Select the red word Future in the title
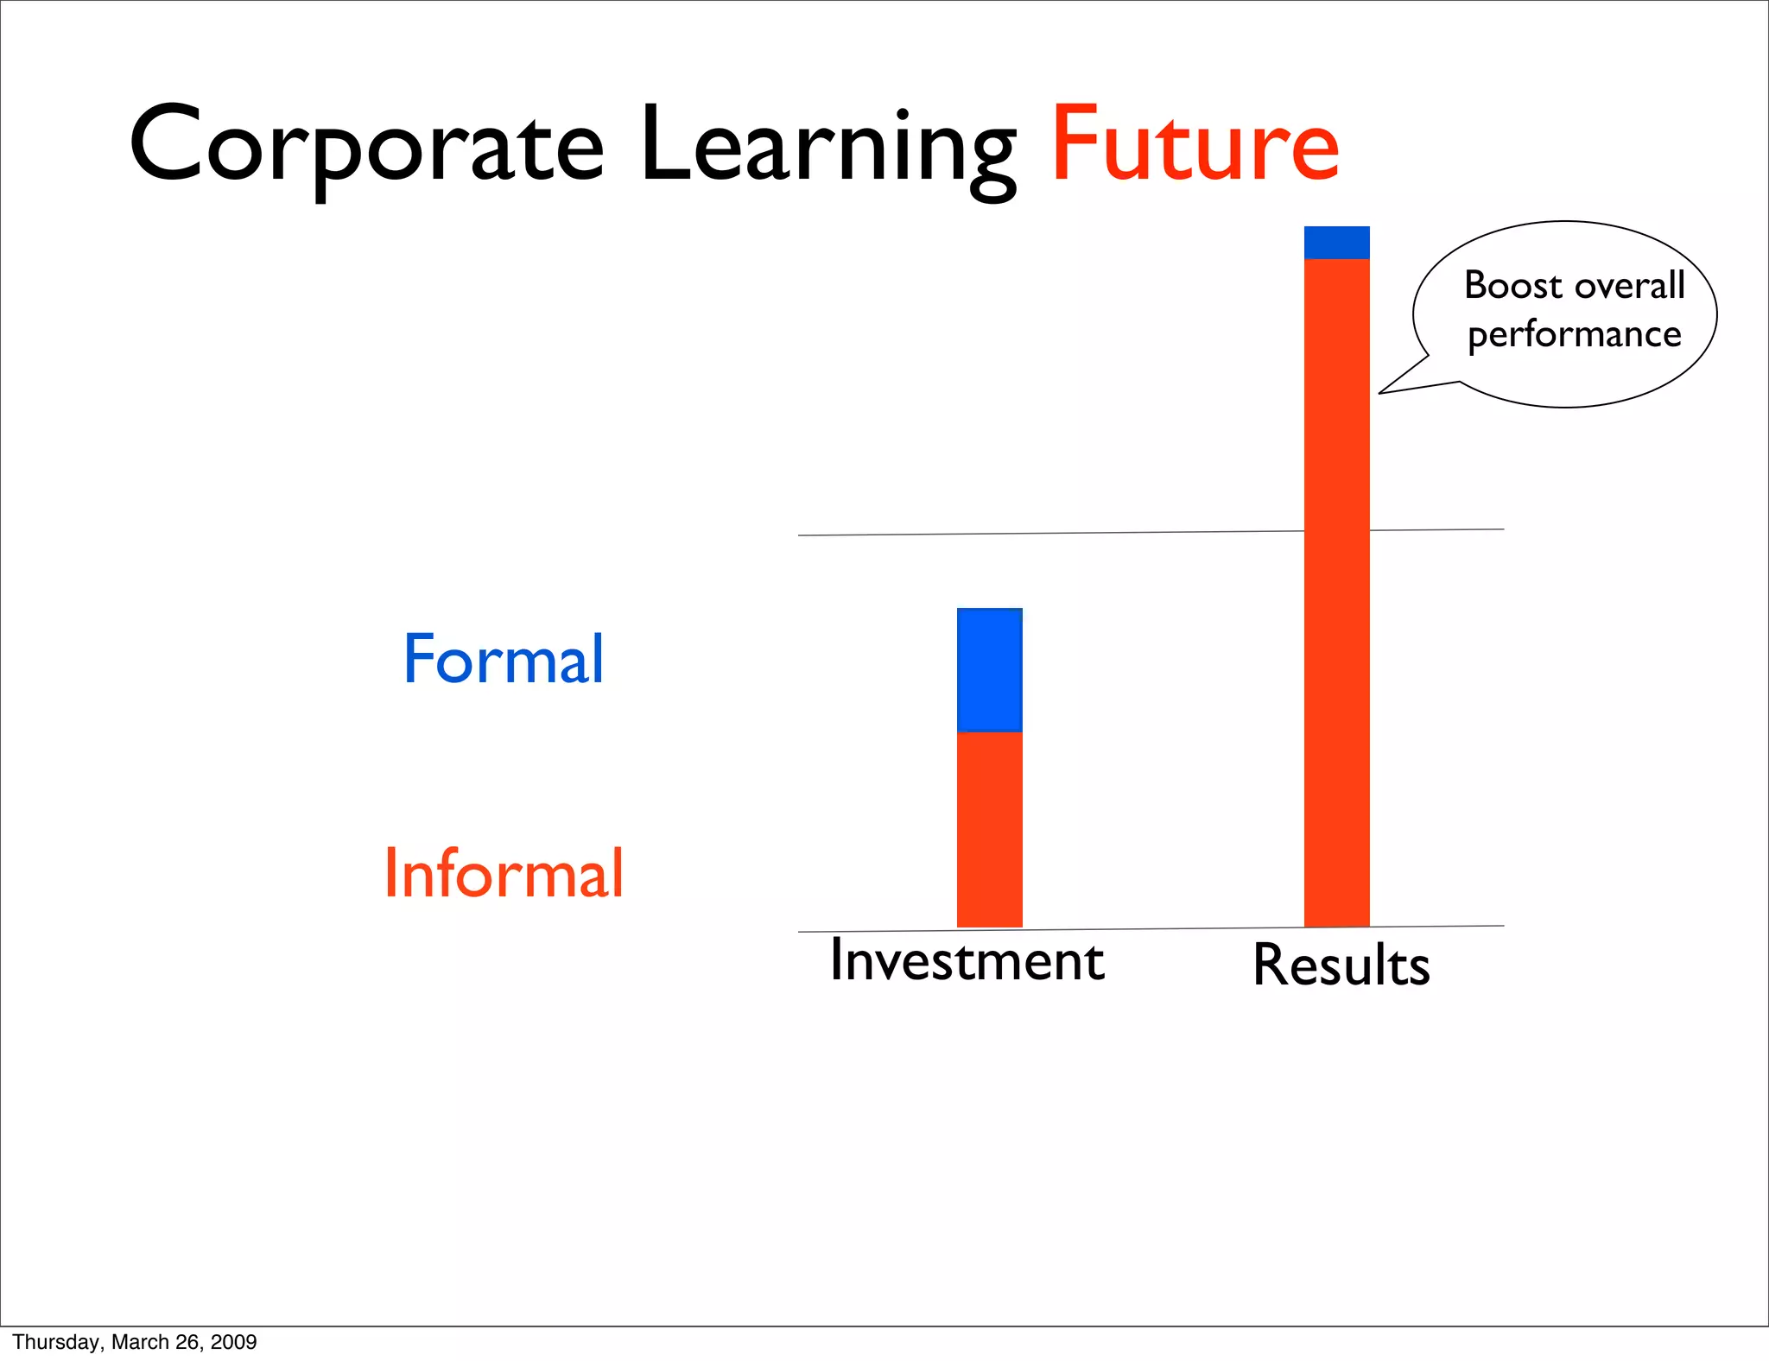[1195, 145]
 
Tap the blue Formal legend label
[504, 659]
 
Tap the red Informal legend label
[504, 873]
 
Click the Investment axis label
[967, 960]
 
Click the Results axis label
[1341, 965]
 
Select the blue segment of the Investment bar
[990, 670]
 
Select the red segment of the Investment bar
[990, 829]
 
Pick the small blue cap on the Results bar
[1336, 243]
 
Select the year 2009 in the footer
[234, 1342]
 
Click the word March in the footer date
[141, 1342]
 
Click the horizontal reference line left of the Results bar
[1037, 534]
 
